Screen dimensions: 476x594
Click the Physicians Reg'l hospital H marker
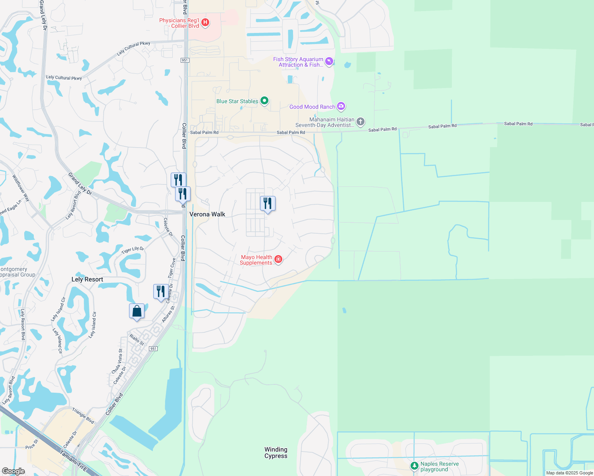[205, 23]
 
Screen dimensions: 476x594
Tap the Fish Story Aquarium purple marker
[329, 61]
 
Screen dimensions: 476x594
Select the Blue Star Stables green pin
[264, 101]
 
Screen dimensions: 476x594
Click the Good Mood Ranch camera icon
[341, 106]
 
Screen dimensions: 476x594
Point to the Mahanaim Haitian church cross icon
[360, 121]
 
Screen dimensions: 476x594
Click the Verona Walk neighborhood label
[207, 214]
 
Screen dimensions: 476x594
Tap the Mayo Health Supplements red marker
[278, 259]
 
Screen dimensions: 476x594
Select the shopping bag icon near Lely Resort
[137, 311]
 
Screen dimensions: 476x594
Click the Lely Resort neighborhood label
[87, 279]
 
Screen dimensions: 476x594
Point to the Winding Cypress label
[276, 453]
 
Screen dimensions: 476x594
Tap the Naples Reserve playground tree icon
[414, 465]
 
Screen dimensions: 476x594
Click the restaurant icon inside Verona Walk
[268, 203]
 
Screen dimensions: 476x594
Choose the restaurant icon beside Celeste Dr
[161, 292]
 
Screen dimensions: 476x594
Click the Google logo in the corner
[13, 471]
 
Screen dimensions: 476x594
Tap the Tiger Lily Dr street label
[133, 250]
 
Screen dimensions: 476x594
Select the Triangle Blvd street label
[83, 415]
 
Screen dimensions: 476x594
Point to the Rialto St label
[137, 340]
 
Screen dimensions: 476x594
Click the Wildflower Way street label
[21, 188]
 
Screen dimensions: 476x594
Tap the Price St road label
[32, 444]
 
